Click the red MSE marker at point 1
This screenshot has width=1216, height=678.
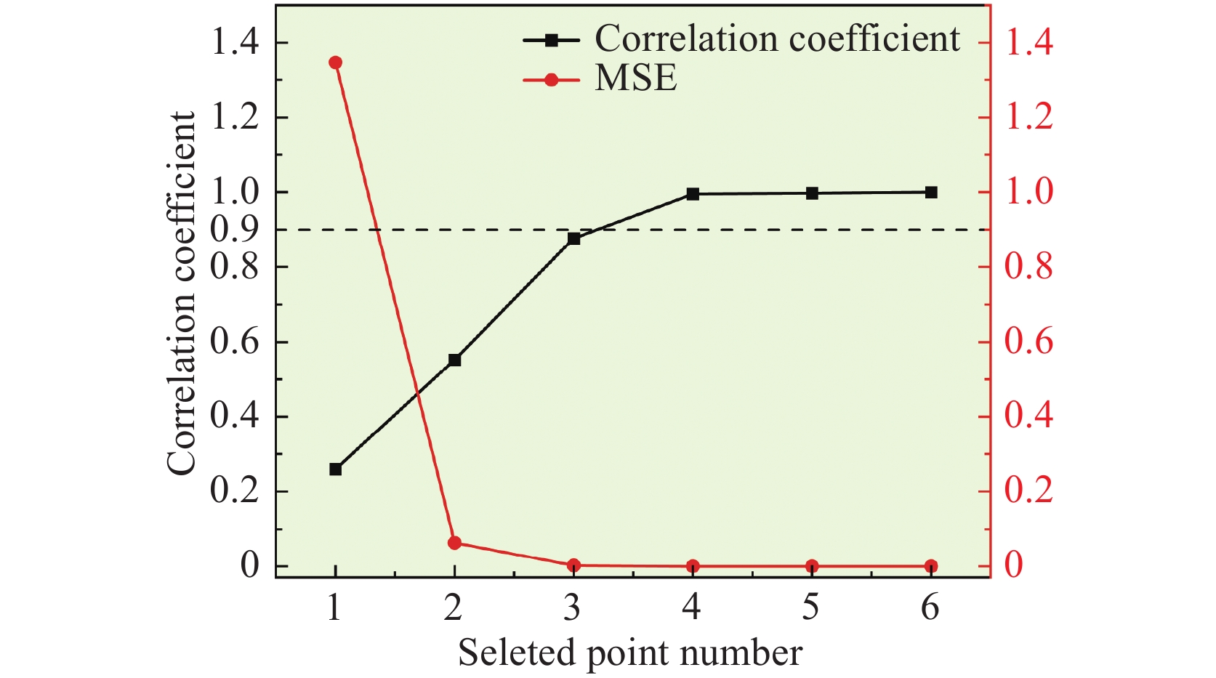[335, 62]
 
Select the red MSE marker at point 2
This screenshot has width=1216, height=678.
[454, 543]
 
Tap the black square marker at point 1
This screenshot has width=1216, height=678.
[335, 469]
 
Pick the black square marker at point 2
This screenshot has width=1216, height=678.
[454, 360]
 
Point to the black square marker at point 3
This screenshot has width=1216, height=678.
[573, 238]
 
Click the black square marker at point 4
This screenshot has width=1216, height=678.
[693, 194]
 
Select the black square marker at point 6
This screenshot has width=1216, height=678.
[931, 193]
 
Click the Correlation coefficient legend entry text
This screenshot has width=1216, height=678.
[777, 39]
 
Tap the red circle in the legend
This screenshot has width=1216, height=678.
[551, 79]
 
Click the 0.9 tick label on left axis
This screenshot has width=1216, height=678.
[234, 230]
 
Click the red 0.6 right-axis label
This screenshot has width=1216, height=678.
[1028, 342]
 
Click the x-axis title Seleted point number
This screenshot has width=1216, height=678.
[629, 652]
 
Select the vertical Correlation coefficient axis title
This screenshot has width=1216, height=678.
[182, 294]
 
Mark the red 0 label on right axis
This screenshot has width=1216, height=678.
[1013, 565]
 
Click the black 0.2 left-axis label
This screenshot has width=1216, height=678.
[234, 491]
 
